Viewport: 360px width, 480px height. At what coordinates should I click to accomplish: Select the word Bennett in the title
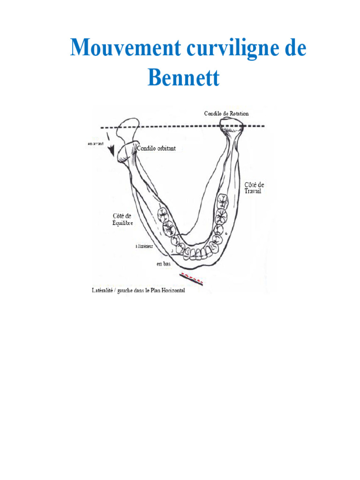(x=183, y=77)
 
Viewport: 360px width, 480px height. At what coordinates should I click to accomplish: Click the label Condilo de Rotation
(x=226, y=113)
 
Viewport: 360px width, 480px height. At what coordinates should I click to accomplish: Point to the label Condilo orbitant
(x=156, y=148)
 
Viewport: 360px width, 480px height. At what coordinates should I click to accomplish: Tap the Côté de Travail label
(x=255, y=188)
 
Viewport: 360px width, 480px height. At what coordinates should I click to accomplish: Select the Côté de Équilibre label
(x=122, y=219)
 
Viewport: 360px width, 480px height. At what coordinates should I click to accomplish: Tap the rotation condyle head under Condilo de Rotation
(x=231, y=124)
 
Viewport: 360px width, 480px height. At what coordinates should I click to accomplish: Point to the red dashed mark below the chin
(x=192, y=278)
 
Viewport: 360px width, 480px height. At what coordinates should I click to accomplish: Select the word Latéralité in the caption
(x=103, y=291)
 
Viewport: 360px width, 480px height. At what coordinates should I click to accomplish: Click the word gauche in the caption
(x=124, y=291)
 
